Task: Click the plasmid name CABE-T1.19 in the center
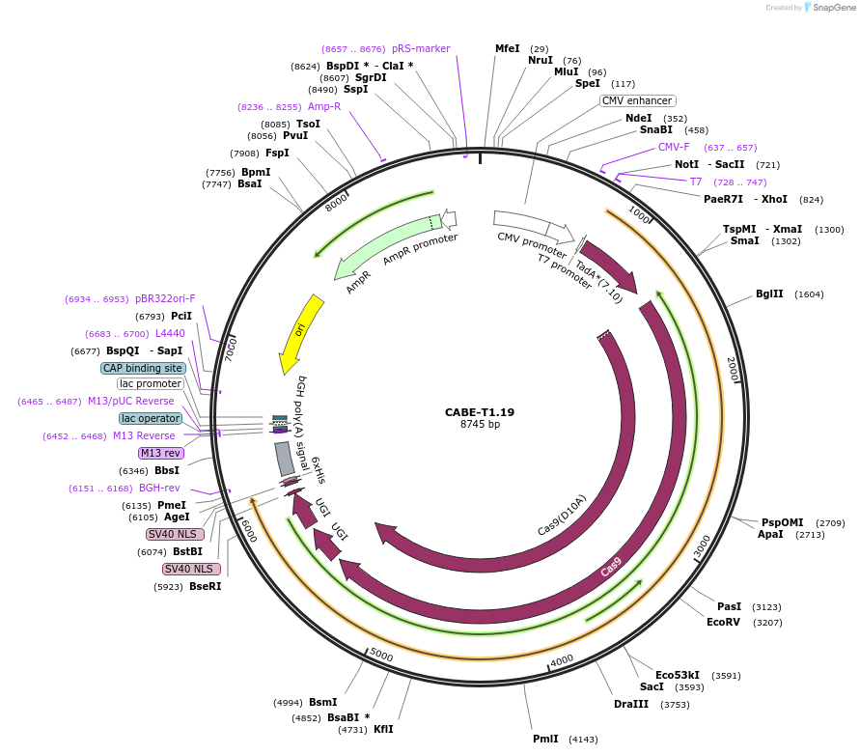tap(480, 412)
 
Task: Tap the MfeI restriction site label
tap(507, 48)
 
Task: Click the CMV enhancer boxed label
tap(637, 100)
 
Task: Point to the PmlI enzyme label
tap(545, 739)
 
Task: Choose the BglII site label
tap(769, 294)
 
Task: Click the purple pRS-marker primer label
tap(421, 48)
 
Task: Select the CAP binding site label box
tap(143, 368)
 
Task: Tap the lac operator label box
tap(151, 418)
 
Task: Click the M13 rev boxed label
tap(160, 453)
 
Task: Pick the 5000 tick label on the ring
tap(381, 656)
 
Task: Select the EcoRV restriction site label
tap(723, 623)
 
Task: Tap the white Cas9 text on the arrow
tap(611, 567)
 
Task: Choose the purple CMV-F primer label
tap(674, 148)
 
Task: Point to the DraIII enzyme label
tap(631, 705)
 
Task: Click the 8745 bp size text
tap(480, 425)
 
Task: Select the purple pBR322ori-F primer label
tap(165, 299)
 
